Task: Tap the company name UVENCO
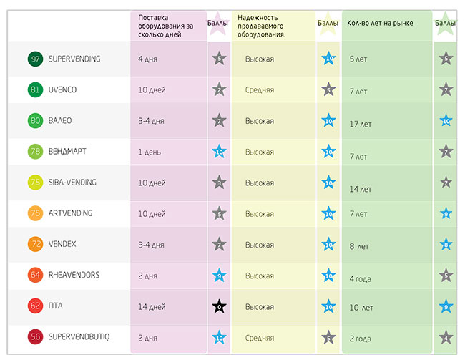(x=64, y=90)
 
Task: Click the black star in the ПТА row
(x=219, y=307)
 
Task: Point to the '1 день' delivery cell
(x=150, y=152)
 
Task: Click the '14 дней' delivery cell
(x=152, y=307)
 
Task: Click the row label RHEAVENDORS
(x=74, y=275)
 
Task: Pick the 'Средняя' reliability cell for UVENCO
(x=259, y=90)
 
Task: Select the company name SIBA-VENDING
(x=73, y=183)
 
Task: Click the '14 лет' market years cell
(x=361, y=190)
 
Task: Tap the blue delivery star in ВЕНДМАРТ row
(x=219, y=152)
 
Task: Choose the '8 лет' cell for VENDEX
(x=359, y=247)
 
